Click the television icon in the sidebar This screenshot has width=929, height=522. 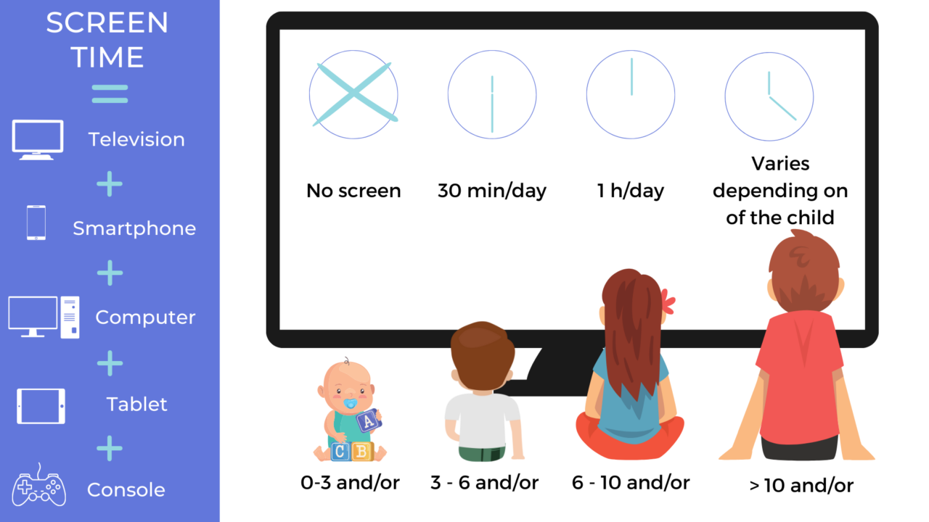coord(38,138)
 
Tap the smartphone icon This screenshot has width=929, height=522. coord(36,223)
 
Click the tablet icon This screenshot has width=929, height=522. coord(41,406)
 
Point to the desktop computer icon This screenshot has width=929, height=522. coord(44,317)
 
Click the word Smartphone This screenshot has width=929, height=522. coord(134,228)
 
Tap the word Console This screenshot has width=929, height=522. coord(126,489)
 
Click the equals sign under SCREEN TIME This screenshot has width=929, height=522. coord(110,94)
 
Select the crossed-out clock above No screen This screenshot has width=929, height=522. coord(353,94)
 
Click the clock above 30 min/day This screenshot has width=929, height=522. coord(492,94)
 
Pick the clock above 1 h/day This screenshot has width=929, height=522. coord(631,94)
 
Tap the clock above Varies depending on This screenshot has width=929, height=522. coord(769,94)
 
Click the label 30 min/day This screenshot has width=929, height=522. coord(492,191)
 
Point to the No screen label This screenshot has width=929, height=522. coord(353,191)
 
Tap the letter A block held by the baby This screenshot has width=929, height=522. coord(369,420)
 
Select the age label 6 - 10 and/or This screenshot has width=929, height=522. coord(631,483)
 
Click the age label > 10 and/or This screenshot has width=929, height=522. coord(801,485)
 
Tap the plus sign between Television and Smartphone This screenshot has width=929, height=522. coord(110,184)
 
